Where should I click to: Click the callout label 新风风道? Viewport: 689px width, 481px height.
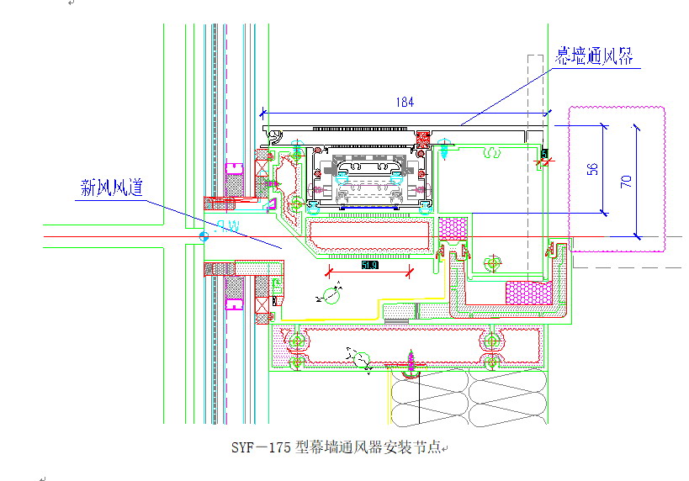111,188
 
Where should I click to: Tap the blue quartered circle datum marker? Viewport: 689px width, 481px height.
203,236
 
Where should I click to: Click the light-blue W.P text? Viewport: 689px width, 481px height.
227,225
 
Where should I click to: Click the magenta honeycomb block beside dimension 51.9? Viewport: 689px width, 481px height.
454,229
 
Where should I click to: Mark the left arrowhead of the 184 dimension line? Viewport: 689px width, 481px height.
263,111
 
